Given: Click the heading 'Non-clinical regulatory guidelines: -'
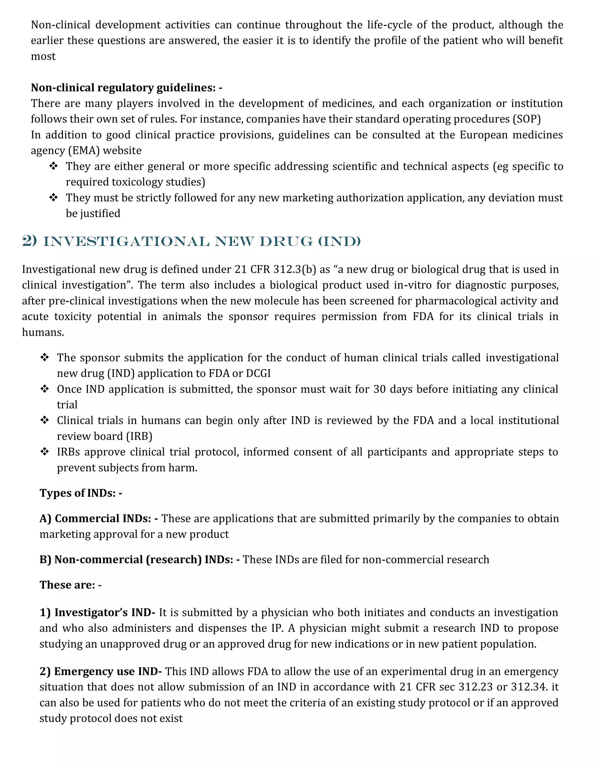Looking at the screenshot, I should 126,87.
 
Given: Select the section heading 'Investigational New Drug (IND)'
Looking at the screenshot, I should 191,241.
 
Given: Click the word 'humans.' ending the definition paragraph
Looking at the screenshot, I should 43,332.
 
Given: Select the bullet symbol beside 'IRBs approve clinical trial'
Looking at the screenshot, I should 45,452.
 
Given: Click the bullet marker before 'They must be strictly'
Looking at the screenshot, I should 53,198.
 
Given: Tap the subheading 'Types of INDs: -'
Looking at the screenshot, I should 81,493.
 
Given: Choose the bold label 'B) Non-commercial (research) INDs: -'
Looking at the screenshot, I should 139,559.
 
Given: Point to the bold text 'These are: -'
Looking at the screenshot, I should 70,585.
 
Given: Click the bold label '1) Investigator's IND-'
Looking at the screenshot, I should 97,613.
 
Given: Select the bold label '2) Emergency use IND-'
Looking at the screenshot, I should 100,671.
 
